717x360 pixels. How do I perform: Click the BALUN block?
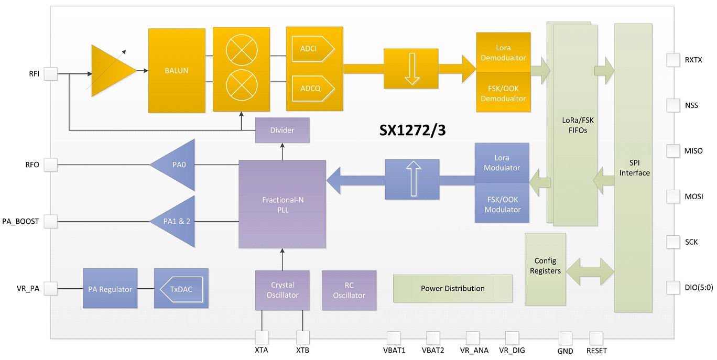(177, 71)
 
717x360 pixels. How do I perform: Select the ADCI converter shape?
(313, 49)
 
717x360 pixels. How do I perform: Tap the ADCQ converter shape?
(313, 89)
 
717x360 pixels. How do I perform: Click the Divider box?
(283, 130)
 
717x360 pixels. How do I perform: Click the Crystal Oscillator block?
(283, 290)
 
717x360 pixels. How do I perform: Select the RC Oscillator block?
(349, 290)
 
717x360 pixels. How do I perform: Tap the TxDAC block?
(181, 288)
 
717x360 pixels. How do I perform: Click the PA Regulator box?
(110, 288)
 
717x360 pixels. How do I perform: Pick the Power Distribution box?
(453, 288)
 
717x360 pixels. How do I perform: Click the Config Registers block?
(546, 269)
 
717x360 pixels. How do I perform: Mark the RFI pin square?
(50, 74)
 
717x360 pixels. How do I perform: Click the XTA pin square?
(262, 337)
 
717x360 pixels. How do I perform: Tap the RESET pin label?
(596, 351)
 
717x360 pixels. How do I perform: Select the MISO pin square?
(673, 151)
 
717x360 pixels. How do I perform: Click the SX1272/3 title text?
(412, 130)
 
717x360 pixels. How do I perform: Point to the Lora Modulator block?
(502, 163)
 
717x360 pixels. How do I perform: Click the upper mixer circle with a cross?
(242, 50)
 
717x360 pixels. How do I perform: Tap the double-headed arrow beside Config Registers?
(590, 271)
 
